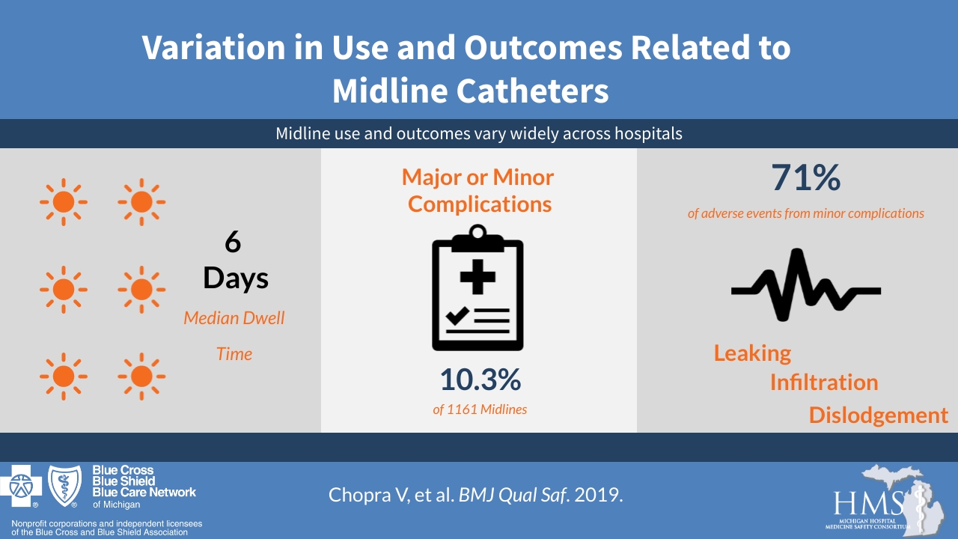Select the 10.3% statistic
(479, 380)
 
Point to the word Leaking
(752, 353)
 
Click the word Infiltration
(823, 383)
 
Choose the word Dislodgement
(878, 415)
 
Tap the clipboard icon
(478, 288)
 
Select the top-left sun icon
(64, 201)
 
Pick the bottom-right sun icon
(141, 376)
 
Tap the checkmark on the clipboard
(457, 315)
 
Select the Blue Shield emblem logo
(65, 486)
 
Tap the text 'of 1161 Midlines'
(479, 409)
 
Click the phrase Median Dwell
(234, 318)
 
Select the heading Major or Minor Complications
(479, 190)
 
